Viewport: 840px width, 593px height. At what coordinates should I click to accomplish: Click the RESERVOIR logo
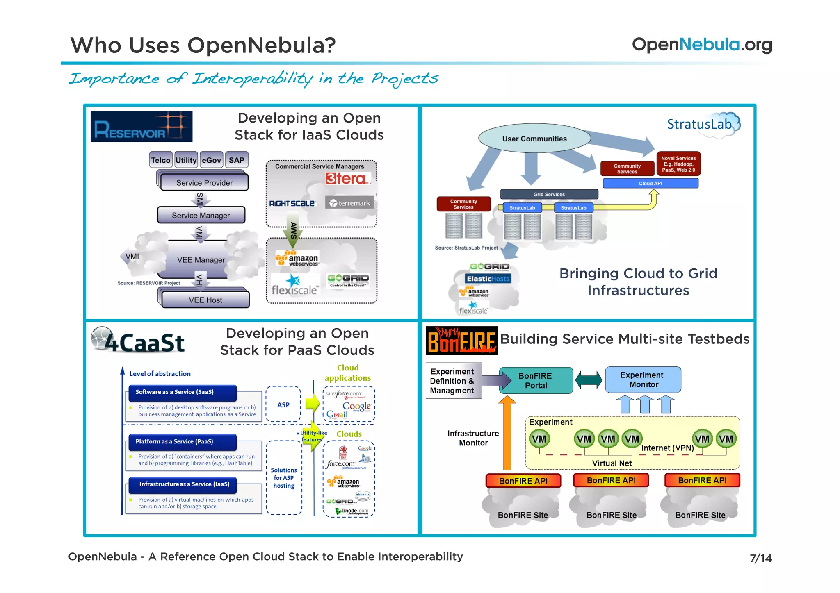[141, 127]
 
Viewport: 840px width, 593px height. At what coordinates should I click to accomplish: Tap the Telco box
[160, 160]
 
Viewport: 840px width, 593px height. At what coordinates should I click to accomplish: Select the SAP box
[237, 160]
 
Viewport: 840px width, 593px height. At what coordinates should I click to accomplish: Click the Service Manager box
[201, 215]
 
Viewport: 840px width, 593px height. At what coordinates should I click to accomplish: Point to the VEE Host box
[205, 300]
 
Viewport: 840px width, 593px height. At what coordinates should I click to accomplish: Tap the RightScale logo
[292, 203]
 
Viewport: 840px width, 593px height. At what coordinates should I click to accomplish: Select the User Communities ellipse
[534, 139]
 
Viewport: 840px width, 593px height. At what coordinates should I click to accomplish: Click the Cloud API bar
[650, 183]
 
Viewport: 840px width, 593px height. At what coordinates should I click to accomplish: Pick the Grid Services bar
[549, 194]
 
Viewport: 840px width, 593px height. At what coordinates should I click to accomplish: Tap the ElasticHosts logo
[488, 279]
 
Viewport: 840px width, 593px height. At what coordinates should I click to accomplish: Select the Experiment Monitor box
[643, 379]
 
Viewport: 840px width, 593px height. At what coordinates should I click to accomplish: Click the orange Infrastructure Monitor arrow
[507, 434]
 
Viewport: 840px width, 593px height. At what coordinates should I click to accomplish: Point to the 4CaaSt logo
[138, 341]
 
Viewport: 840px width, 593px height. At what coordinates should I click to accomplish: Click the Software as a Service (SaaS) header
[183, 392]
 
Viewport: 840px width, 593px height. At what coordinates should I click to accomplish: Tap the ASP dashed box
[283, 404]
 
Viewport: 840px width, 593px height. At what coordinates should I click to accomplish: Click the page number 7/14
[760, 558]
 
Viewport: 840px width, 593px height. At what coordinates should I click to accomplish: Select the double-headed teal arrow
[588, 380]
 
